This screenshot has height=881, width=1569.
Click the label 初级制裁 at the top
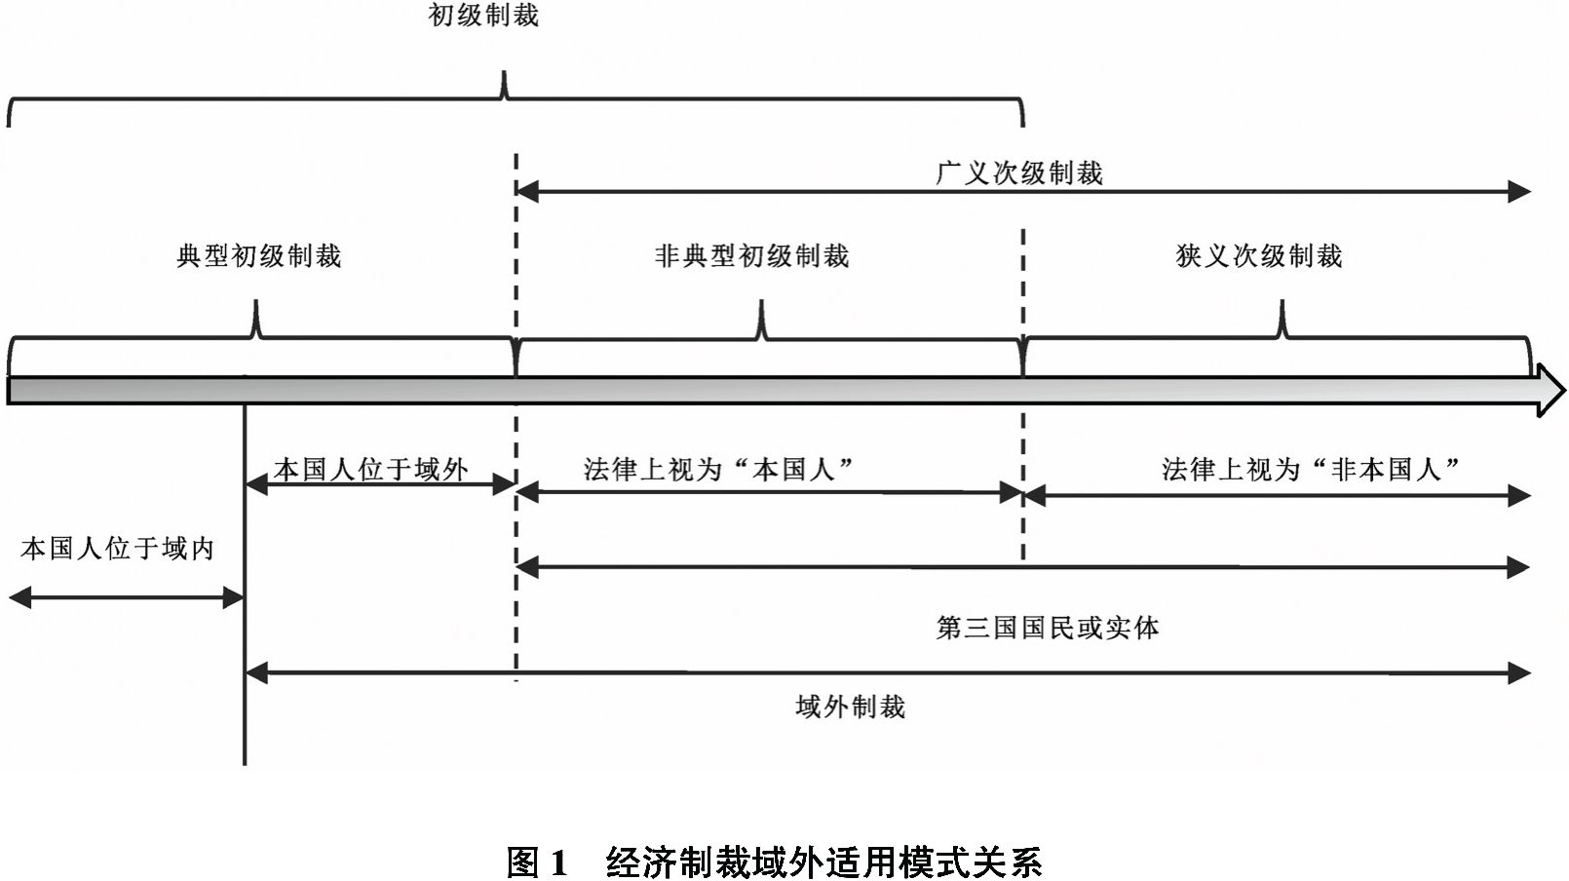[483, 16]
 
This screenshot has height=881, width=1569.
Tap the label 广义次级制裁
[1019, 172]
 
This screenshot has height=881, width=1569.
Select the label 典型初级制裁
[258, 255]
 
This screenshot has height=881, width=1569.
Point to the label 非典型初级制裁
[751, 255]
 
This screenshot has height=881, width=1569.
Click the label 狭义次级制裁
[1259, 255]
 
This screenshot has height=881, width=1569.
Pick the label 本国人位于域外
[370, 469]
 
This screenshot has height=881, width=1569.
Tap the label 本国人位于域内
[117, 549]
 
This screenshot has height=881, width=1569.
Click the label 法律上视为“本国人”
[718, 469]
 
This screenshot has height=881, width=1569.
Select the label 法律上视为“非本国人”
[1311, 469]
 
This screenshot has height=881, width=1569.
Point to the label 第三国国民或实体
[1048, 628]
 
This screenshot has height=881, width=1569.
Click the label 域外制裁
[851, 707]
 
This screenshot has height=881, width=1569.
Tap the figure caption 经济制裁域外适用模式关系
[823, 862]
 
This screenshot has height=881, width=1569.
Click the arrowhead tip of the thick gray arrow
[1564, 390]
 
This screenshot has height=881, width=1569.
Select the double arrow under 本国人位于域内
[126, 598]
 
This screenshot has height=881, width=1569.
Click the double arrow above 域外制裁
[888, 673]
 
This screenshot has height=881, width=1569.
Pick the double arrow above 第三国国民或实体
[1022, 567]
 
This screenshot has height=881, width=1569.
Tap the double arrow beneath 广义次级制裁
[1022, 191]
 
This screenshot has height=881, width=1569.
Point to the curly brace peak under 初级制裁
[505, 72]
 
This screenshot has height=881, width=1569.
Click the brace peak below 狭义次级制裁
[1282, 302]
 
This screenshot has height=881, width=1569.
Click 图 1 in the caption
[537, 862]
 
